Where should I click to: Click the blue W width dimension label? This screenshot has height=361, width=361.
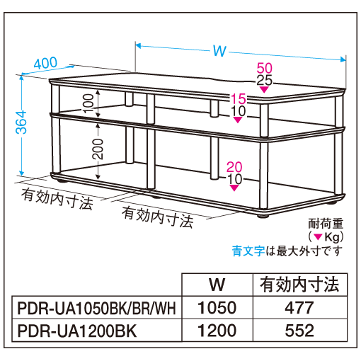click(x=219, y=51)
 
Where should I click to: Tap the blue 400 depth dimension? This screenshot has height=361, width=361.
click(x=45, y=63)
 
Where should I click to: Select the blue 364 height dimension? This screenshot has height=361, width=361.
click(x=21, y=122)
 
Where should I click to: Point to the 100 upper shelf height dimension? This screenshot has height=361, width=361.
click(x=88, y=103)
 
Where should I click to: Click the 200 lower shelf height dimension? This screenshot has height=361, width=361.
click(x=98, y=149)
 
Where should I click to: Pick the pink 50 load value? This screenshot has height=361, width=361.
click(x=265, y=68)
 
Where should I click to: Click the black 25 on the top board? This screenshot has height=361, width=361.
click(x=265, y=80)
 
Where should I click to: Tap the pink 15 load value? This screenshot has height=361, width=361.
click(x=238, y=99)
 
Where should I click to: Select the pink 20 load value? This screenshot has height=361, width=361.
click(x=234, y=167)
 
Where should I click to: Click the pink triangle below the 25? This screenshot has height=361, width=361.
click(x=264, y=89)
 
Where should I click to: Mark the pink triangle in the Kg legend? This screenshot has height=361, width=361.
click(x=319, y=237)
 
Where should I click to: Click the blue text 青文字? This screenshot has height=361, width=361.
click(x=248, y=251)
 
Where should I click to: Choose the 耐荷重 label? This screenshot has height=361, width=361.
click(x=326, y=224)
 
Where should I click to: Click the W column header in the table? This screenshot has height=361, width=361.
click(x=217, y=285)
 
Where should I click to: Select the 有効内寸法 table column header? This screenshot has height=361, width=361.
click(x=299, y=285)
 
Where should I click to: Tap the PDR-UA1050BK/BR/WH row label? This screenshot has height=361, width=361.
click(x=97, y=308)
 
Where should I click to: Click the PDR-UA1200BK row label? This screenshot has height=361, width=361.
click(x=77, y=331)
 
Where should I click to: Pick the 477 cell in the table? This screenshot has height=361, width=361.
click(x=299, y=308)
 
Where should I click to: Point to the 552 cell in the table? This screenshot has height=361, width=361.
click(x=299, y=331)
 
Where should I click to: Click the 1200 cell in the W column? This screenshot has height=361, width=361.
click(x=217, y=331)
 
